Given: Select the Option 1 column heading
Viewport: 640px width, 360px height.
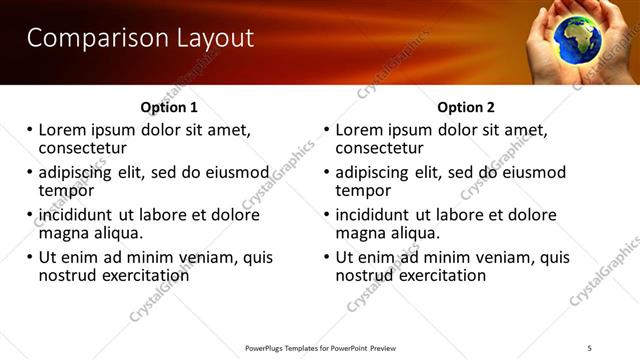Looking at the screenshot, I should pyautogui.click(x=170, y=107).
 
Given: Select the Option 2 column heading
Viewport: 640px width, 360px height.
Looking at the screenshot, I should pyautogui.click(x=466, y=107).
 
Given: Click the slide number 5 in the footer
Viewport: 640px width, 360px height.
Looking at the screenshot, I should pyautogui.click(x=590, y=347).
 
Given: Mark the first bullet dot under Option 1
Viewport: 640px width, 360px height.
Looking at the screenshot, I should pyautogui.click(x=30, y=130).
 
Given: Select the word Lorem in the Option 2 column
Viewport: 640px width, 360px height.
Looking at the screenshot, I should pyautogui.click(x=359, y=129).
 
